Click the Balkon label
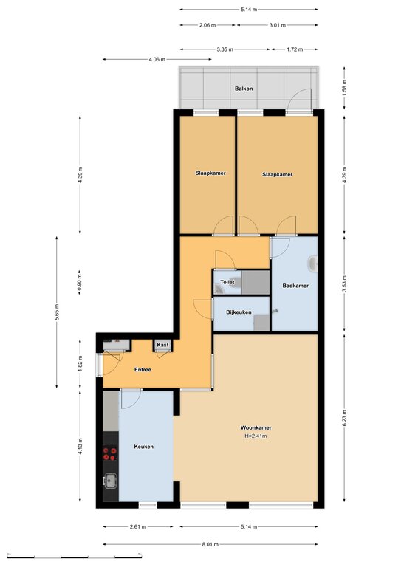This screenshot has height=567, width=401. [244, 89]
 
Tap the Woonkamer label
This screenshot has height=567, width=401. [256, 427]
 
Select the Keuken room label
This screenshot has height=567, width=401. [143, 447]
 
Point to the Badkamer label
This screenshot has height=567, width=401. [295, 286]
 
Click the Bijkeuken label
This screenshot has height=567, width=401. [239, 312]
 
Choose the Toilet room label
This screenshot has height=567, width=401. [227, 282]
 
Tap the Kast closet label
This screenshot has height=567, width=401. [162, 345]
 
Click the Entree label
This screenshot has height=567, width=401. [143, 370]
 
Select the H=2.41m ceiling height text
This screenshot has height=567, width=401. [256, 436]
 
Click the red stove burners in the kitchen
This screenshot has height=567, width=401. [110, 454]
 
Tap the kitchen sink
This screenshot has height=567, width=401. [110, 481]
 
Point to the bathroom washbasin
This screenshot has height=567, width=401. [313, 264]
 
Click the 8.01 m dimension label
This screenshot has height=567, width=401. [210, 544]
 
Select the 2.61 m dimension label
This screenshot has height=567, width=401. [138, 527]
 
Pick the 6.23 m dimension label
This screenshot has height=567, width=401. [344, 417]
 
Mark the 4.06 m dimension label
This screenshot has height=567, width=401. [157, 59]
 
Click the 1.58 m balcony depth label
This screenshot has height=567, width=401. [344, 88]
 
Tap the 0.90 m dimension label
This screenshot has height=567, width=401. [80, 283]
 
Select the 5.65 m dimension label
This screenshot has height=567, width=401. [56, 312]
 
